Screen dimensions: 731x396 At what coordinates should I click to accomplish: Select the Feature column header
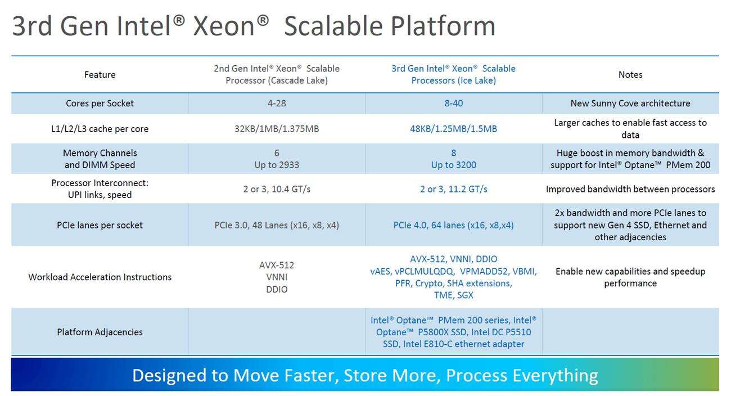pyautogui.click(x=100, y=75)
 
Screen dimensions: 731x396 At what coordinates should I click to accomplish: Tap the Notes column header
pyautogui.click(x=630, y=75)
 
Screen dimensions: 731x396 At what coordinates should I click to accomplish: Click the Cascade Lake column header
pyautogui.click(x=277, y=74)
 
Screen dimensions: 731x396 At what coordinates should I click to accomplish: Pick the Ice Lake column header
pyautogui.click(x=454, y=74)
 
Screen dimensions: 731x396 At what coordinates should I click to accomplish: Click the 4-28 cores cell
pyautogui.click(x=277, y=103)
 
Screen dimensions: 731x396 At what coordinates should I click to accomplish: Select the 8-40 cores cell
pyautogui.click(x=454, y=103)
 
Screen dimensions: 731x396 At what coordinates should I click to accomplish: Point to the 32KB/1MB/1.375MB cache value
pyautogui.click(x=277, y=129)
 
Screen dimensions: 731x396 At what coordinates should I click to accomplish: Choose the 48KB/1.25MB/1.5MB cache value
pyautogui.click(x=454, y=129)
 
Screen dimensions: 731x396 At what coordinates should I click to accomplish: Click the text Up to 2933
pyautogui.click(x=277, y=165)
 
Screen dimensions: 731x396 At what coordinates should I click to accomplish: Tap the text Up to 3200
pyautogui.click(x=454, y=165)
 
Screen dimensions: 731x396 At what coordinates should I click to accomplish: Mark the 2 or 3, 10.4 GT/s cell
pyautogui.click(x=277, y=189)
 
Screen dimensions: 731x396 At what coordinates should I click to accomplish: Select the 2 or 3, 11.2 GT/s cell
pyautogui.click(x=454, y=189)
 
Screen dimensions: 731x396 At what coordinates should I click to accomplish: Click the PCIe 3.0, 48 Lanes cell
pyautogui.click(x=277, y=225)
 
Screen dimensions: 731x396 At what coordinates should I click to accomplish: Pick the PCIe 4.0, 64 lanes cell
pyautogui.click(x=454, y=225)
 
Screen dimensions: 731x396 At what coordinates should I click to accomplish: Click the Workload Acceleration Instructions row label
pyautogui.click(x=100, y=277)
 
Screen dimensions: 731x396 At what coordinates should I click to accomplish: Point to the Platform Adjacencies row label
pyautogui.click(x=100, y=332)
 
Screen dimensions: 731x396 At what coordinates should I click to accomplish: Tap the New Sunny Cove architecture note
pyautogui.click(x=630, y=103)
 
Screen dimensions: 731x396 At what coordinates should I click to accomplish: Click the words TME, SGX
pyautogui.click(x=454, y=295)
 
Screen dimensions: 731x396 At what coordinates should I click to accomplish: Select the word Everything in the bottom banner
pyautogui.click(x=556, y=375)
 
